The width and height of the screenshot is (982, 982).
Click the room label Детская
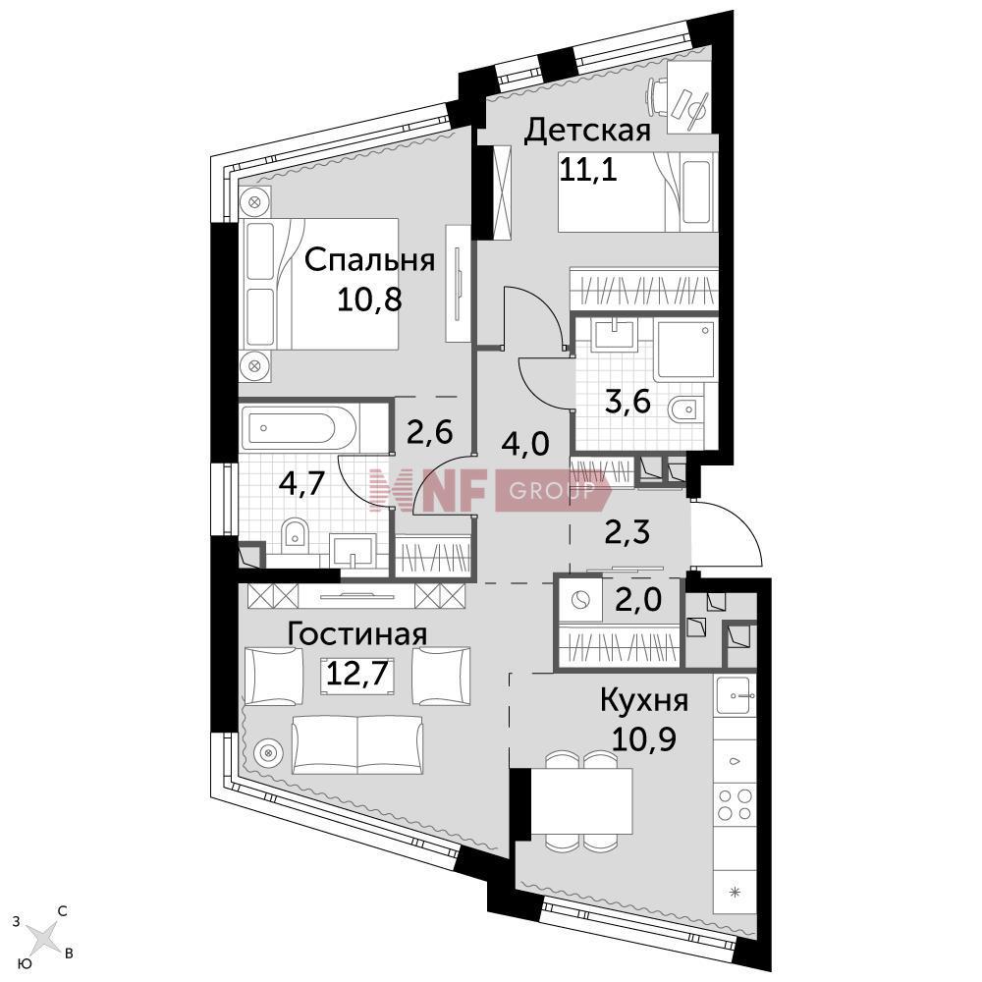click(587, 131)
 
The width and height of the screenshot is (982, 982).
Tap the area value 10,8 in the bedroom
click(369, 300)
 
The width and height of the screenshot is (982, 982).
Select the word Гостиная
click(357, 634)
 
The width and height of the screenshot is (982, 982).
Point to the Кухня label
click(644, 700)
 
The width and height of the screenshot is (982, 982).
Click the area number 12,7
click(358, 674)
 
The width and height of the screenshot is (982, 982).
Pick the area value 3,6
click(627, 401)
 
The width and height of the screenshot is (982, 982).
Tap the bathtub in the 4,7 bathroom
click(300, 428)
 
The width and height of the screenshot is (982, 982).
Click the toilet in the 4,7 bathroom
click(295, 536)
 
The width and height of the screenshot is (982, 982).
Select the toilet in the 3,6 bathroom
click(683, 410)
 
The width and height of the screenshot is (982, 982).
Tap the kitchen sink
click(736, 695)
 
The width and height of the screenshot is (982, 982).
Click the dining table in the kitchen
click(581, 801)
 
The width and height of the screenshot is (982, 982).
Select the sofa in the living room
click(357, 744)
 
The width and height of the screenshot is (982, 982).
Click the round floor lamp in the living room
click(267, 750)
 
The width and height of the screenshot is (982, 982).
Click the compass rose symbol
click(42, 936)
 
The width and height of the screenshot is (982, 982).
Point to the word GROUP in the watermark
click(551, 490)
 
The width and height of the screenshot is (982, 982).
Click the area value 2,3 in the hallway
click(627, 533)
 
